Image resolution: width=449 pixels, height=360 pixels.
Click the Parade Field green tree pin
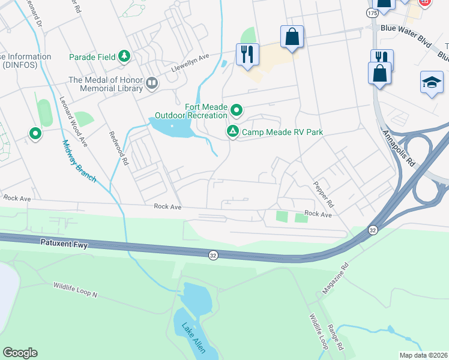pyautogui.click(x=124, y=57)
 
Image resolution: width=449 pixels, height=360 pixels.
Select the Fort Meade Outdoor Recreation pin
pyautogui.click(x=237, y=110)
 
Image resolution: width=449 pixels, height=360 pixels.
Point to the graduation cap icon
pyautogui.click(x=431, y=83)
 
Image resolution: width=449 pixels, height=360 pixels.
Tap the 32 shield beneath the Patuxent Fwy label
pyautogui.click(x=213, y=255)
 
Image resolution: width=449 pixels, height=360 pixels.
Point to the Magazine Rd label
pyautogui.click(x=334, y=280)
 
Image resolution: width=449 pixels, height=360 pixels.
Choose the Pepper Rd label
pyautogui.click(x=324, y=195)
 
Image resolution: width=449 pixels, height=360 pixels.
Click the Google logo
pyautogui.click(x=20, y=353)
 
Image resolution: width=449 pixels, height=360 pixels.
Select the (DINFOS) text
pyautogui.click(x=18, y=65)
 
